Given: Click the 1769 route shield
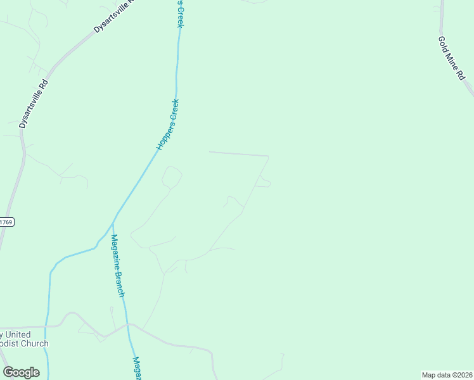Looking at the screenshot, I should click(x=6, y=222).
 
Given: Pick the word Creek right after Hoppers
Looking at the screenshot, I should click(x=175, y=110).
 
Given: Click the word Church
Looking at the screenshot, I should click(x=34, y=344).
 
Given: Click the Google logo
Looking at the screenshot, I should click(x=21, y=372).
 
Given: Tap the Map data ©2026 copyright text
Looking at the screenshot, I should click(x=447, y=375).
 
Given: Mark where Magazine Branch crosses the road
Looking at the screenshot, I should click(x=129, y=324).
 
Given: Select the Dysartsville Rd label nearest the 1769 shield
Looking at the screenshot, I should click(x=34, y=104).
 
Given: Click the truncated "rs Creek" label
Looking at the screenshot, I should click(x=179, y=13).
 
